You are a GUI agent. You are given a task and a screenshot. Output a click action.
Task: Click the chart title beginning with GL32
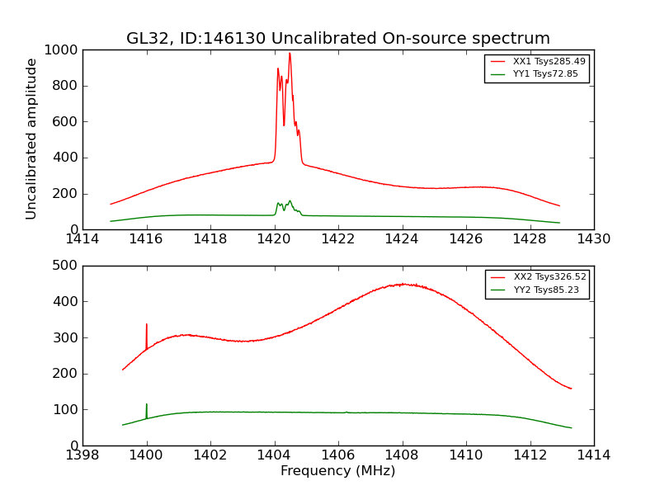click(337, 39)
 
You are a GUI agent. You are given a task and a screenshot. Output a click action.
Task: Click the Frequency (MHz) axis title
click(337, 471)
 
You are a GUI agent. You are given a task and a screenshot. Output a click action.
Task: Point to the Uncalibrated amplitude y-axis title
click(32, 139)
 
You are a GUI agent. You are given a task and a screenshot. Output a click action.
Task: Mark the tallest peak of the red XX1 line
click(290, 54)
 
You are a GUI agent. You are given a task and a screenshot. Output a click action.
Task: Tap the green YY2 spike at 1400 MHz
click(147, 406)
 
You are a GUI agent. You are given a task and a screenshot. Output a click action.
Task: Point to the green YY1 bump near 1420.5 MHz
click(290, 201)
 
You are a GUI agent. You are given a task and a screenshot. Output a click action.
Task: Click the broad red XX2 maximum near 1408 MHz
click(402, 284)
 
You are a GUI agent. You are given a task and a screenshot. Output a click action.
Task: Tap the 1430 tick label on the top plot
click(593, 239)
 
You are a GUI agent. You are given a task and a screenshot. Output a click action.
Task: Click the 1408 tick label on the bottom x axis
click(402, 455)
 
